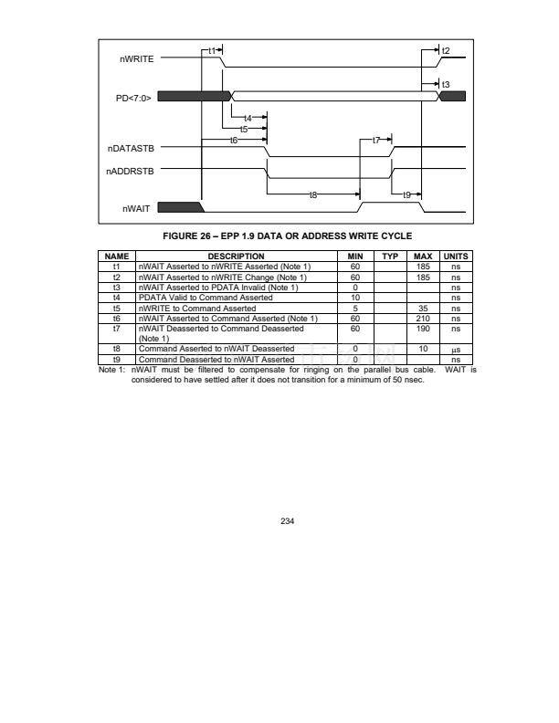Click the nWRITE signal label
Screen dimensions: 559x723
[x=136, y=59]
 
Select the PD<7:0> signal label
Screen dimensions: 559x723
[x=133, y=99]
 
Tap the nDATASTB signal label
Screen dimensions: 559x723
[x=131, y=149]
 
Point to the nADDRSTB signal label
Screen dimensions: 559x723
[x=130, y=171]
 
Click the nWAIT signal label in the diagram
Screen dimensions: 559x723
[x=136, y=208]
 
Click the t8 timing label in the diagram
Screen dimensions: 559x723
[x=313, y=195]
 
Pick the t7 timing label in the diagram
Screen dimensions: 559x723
[x=376, y=140]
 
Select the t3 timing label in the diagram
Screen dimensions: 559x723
[x=446, y=84]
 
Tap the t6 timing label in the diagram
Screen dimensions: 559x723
[x=234, y=140]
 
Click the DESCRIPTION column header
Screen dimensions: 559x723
[x=237, y=257]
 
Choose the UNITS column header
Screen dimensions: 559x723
[x=456, y=257]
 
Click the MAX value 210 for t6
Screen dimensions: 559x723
[x=423, y=319]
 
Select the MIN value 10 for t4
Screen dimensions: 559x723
[x=355, y=298]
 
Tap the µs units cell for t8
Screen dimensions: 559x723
[x=456, y=350]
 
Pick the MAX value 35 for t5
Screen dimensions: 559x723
[x=423, y=309]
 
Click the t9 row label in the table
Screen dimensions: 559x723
[x=116, y=360]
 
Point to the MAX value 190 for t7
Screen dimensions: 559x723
[x=423, y=329]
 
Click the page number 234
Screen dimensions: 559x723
[x=288, y=521]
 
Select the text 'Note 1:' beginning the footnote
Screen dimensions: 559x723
[x=111, y=370]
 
